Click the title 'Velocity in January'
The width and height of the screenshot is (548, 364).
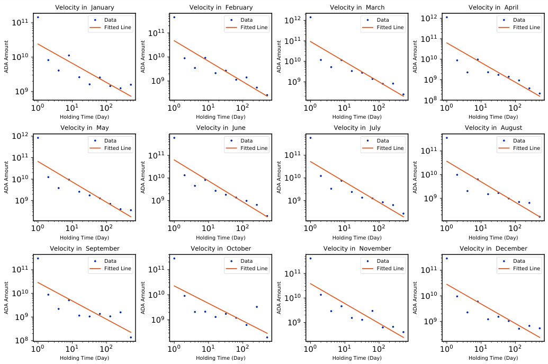(x=85, y=7)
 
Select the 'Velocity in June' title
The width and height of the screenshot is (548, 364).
(x=221, y=128)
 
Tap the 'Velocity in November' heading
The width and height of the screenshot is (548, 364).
(x=357, y=248)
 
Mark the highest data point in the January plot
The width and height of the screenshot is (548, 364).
(x=38, y=17)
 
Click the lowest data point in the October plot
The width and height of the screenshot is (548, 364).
(x=267, y=338)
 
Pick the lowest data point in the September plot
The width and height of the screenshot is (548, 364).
(x=131, y=338)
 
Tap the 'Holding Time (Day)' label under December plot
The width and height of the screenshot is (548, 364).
(x=493, y=359)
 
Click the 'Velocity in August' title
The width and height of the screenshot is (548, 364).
(x=493, y=128)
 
